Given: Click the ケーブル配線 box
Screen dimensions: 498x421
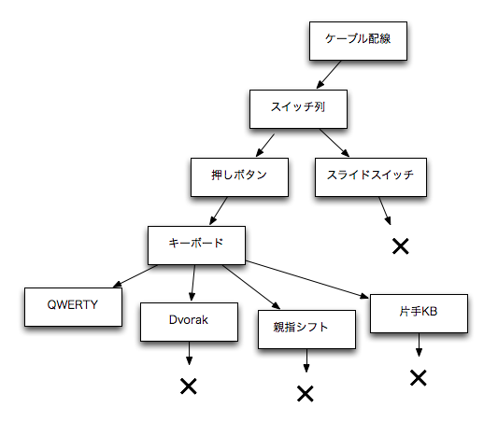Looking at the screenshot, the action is (x=358, y=41).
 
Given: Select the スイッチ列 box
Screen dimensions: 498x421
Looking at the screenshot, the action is (x=298, y=109).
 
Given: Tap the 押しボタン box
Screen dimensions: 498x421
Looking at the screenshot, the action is (x=239, y=177).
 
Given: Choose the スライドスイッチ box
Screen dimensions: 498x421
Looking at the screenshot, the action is (x=371, y=177).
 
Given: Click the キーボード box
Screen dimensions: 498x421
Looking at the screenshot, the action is (x=196, y=246).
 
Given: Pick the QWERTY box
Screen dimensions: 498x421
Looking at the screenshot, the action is (x=73, y=307).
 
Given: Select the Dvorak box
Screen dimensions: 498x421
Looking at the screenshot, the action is (x=189, y=322).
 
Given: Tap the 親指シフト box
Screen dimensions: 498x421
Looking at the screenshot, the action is (x=306, y=330).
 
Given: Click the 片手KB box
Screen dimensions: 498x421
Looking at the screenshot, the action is (x=419, y=314).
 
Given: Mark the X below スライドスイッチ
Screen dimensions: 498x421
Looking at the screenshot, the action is (x=401, y=246).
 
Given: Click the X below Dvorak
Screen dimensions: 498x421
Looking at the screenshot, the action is (x=189, y=386).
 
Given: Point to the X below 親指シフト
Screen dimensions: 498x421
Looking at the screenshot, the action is (x=306, y=394).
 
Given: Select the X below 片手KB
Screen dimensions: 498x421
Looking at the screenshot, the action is (x=419, y=378).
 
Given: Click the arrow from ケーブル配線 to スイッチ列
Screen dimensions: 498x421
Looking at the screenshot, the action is (x=329, y=75).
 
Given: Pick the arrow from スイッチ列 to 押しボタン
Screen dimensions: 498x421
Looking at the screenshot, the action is (x=265, y=145).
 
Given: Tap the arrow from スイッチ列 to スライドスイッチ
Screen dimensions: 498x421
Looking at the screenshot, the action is (x=334, y=143).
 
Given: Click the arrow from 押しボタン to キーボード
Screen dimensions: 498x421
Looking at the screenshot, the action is (x=219, y=211).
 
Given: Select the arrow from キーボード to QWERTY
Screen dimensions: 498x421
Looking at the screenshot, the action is (x=135, y=276).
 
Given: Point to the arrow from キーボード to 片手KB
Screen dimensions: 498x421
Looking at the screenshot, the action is (x=307, y=279).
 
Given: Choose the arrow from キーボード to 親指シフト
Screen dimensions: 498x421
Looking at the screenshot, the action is (x=251, y=287).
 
